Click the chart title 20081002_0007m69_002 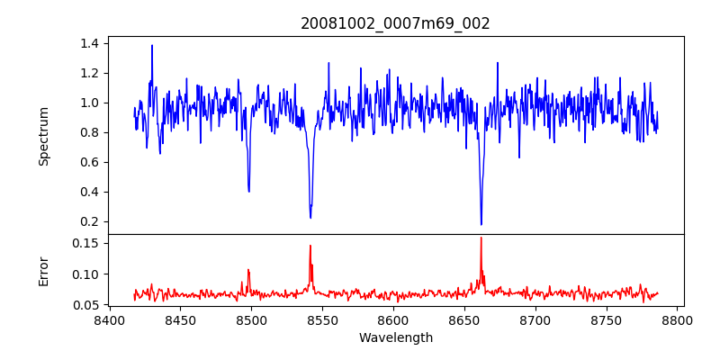tap(395, 23)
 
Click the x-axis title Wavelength tap(395, 338)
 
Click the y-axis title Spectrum tap(43, 136)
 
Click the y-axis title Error tap(43, 271)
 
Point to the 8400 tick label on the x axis tap(109, 320)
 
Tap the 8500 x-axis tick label tap(251, 320)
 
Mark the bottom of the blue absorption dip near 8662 tap(481, 224)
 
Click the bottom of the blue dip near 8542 tap(310, 218)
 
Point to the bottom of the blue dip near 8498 tap(248, 191)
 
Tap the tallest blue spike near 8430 tap(152, 45)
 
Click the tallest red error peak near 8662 tap(481, 238)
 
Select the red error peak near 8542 tap(310, 246)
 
